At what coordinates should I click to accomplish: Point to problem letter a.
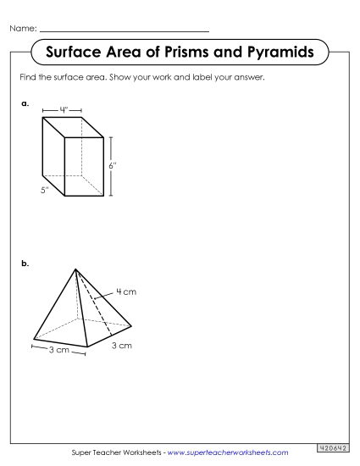tap(25, 104)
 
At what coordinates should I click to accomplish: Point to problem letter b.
tap(25, 264)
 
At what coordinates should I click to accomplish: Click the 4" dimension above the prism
tap(64, 109)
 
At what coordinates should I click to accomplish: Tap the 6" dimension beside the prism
tap(112, 166)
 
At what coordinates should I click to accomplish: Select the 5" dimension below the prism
tap(45, 190)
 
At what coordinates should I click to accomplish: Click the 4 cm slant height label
tap(126, 292)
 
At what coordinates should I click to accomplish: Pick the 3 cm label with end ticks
tap(58, 349)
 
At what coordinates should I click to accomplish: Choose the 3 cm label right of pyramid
tap(122, 345)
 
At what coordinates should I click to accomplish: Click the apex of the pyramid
tap(76, 269)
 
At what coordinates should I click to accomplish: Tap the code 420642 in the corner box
tap(335, 447)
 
